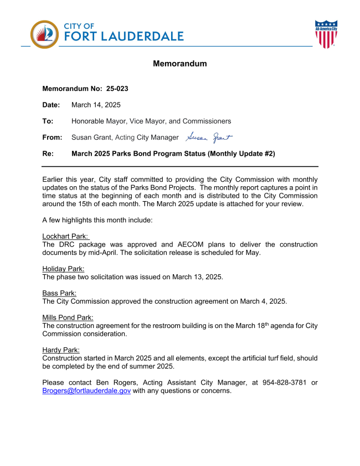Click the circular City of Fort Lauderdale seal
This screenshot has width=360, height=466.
point(44,34)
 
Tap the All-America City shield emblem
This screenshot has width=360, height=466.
point(326,34)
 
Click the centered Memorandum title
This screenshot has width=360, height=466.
point(179,64)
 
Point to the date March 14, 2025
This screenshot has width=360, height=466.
point(96,105)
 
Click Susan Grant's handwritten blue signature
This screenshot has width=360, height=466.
point(209,137)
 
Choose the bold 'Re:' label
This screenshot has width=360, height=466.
point(48,153)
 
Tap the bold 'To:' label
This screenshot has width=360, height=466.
point(48,121)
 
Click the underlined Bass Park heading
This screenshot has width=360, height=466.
point(59,293)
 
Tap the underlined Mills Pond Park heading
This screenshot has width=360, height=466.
point(68,318)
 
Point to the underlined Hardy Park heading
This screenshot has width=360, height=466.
point(61,350)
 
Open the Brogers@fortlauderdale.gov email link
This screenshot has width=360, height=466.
point(86,391)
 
